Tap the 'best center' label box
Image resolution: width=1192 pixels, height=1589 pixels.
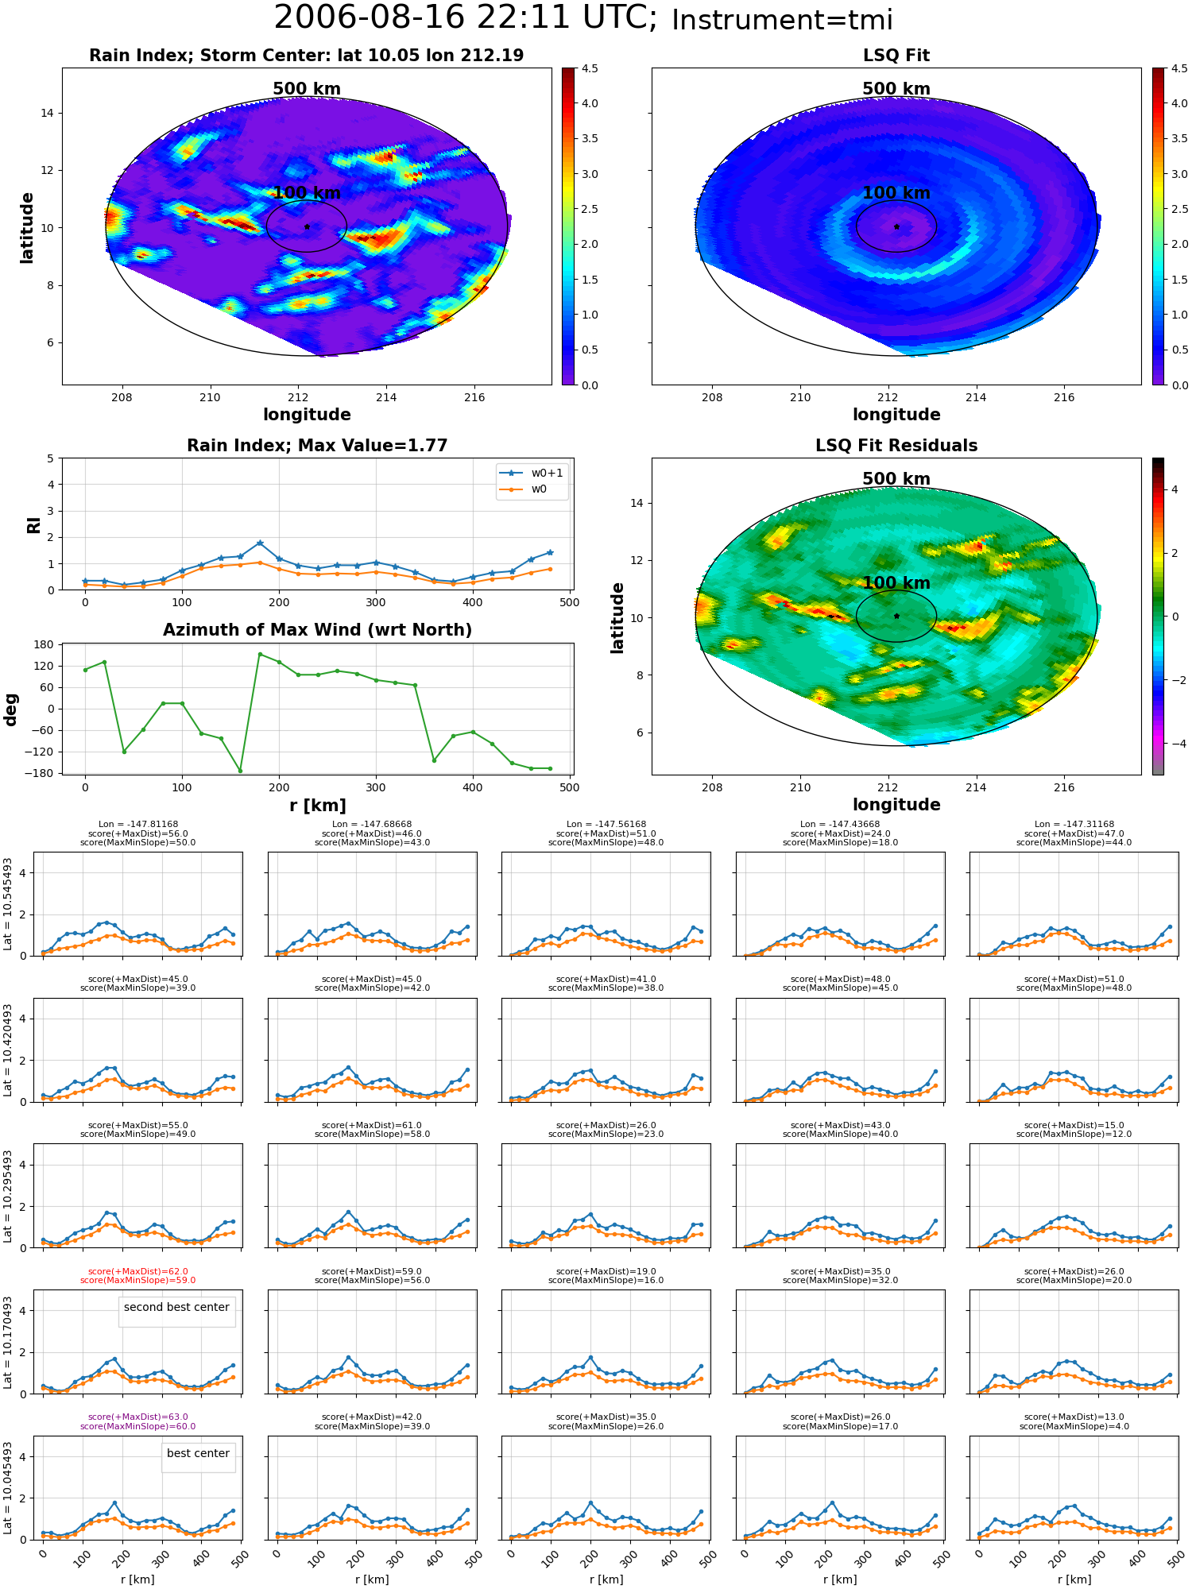click(198, 1453)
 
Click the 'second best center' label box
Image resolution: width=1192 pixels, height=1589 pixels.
click(176, 1307)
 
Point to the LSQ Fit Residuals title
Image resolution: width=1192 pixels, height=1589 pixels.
click(896, 446)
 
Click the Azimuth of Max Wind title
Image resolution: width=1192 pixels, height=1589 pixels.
click(317, 630)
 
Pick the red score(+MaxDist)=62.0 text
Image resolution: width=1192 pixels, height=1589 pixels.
click(138, 1271)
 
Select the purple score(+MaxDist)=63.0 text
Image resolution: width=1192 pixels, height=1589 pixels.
click(138, 1417)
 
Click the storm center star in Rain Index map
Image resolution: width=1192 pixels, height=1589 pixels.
click(307, 226)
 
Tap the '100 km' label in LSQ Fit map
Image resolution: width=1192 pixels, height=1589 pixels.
click(896, 193)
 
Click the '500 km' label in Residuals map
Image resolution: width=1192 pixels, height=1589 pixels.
click(896, 479)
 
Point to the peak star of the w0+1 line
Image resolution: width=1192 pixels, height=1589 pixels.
click(260, 543)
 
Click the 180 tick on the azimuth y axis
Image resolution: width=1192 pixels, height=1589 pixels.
click(45, 644)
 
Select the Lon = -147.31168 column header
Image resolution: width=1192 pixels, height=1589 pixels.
click(1074, 825)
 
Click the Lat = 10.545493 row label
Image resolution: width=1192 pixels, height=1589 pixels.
click(8, 904)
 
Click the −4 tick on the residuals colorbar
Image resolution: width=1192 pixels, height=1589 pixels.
click(1175, 744)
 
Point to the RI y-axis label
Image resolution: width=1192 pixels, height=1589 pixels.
click(33, 525)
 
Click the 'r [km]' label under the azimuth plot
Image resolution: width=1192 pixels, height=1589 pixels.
click(318, 806)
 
